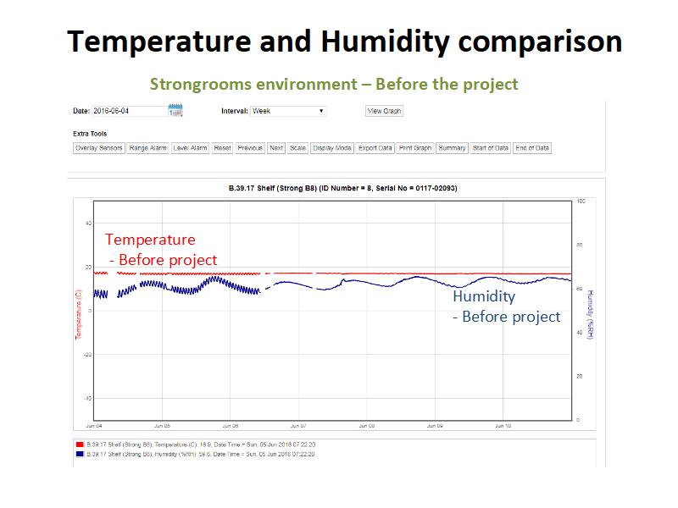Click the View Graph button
(x=384, y=111)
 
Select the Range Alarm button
(x=148, y=148)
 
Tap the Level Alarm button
(x=190, y=148)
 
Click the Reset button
(x=222, y=148)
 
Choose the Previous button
(x=250, y=148)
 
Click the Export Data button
(x=375, y=148)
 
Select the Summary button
(x=452, y=148)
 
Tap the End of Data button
(x=532, y=148)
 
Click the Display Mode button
(x=332, y=148)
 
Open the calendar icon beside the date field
(x=175, y=111)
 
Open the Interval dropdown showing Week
(x=288, y=111)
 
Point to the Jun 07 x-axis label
(x=298, y=426)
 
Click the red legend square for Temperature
(x=79, y=443)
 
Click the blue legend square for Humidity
(x=79, y=453)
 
